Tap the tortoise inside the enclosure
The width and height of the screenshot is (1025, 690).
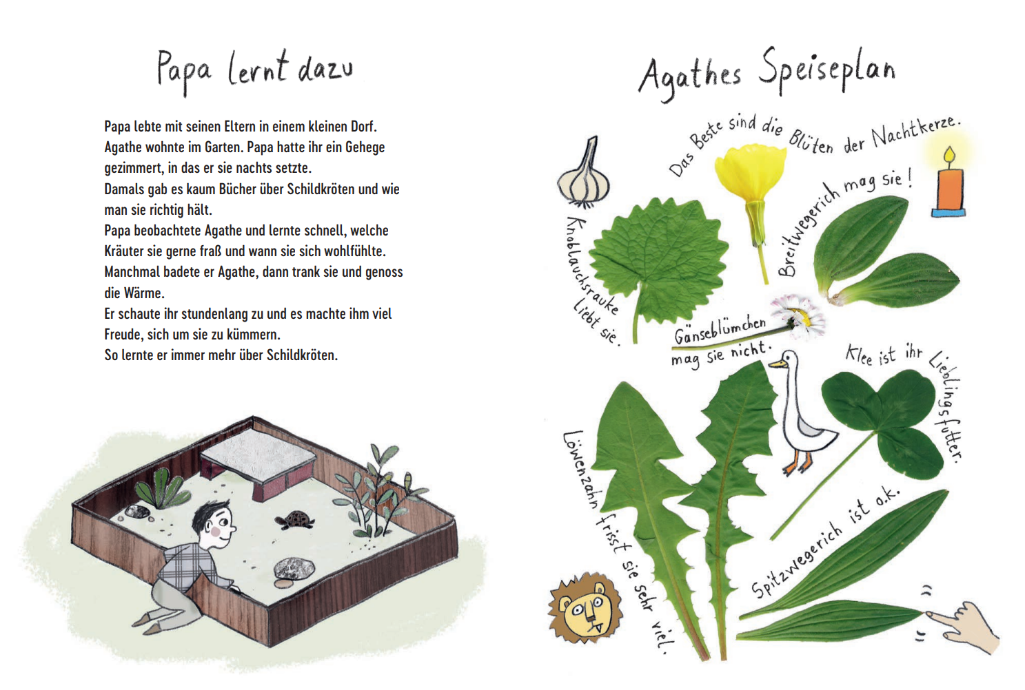pyautogui.click(x=295, y=521)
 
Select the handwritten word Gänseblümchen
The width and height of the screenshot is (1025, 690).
pyautogui.click(x=720, y=330)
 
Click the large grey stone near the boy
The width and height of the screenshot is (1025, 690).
pyautogui.click(x=294, y=568)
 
